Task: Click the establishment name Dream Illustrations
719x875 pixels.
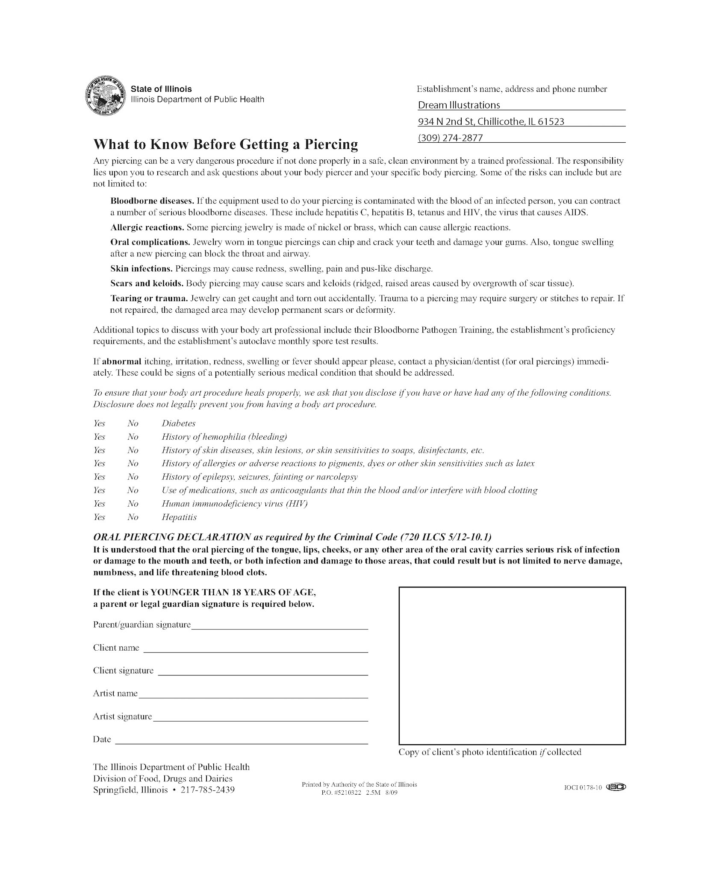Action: click(x=459, y=105)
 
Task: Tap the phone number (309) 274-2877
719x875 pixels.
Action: click(x=450, y=138)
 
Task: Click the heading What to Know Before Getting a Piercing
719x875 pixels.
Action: click(x=225, y=144)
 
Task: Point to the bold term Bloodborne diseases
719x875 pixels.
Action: click(x=152, y=201)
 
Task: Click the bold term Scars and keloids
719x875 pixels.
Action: click(x=147, y=283)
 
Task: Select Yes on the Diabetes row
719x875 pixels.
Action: click(x=99, y=423)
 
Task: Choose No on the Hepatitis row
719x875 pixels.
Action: click(x=133, y=517)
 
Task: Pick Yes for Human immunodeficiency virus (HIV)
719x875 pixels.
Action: click(x=99, y=504)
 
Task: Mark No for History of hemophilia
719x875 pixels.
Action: click(x=133, y=437)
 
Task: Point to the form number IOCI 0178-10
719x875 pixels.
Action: click(x=583, y=788)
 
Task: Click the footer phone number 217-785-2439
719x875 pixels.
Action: click(x=208, y=790)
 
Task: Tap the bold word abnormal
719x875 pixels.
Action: click(x=121, y=361)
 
